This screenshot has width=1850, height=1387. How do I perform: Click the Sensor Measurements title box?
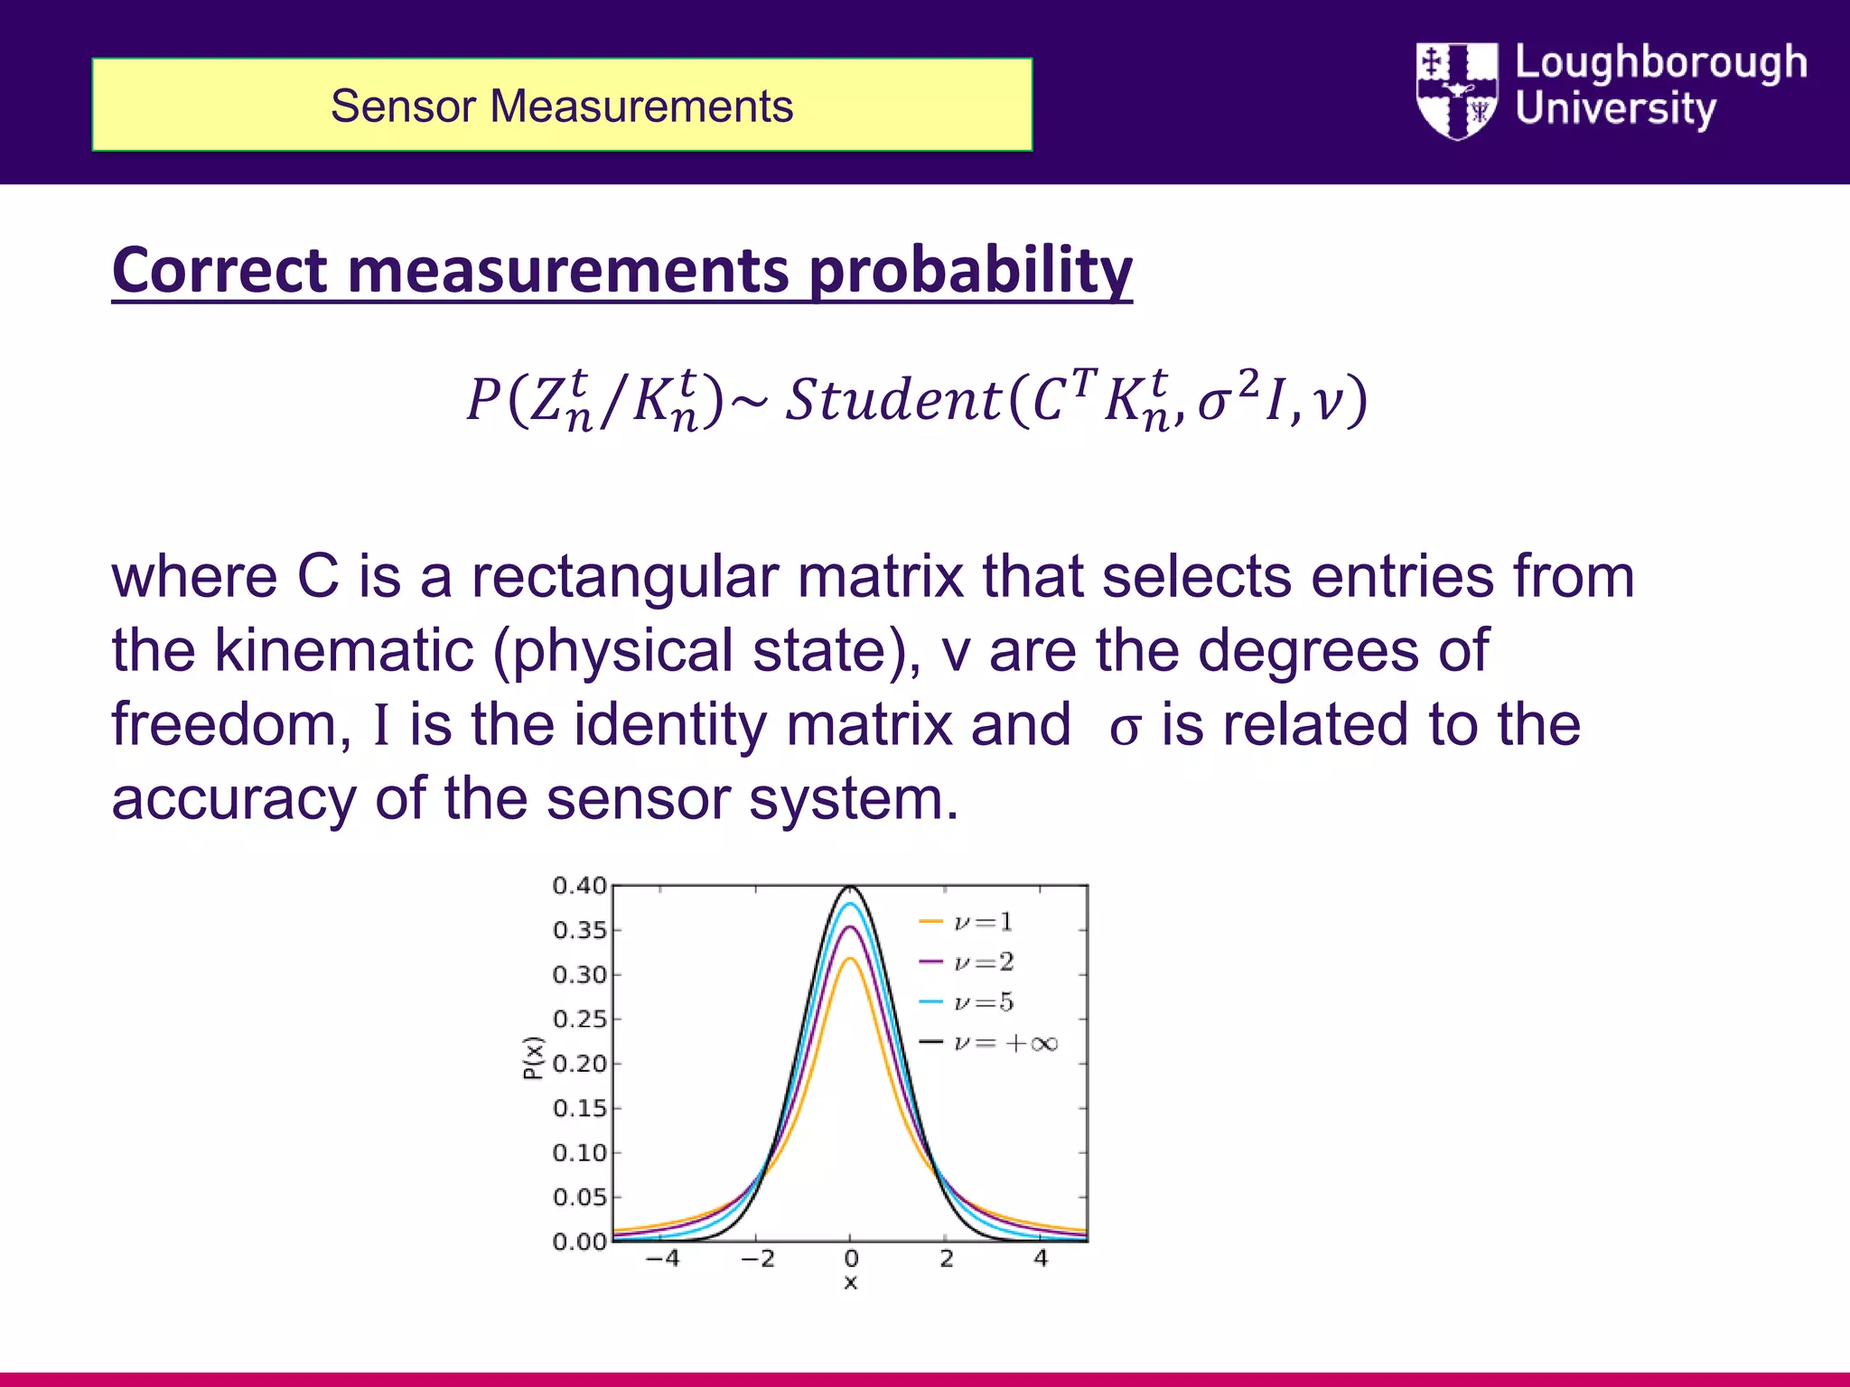pos(561,105)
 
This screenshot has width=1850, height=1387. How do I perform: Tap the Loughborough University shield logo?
pos(1456,90)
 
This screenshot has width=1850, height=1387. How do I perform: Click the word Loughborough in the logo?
pos(1660,63)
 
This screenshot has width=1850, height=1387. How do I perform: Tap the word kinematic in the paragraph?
pos(344,650)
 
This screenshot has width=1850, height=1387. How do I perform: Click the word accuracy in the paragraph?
pos(234,798)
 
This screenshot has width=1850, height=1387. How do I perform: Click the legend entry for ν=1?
pos(967,922)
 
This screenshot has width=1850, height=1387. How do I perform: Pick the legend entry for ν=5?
pos(967,1002)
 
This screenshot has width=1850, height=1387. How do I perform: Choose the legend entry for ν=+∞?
pos(988,1044)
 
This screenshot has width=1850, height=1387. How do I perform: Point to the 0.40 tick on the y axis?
pos(580,886)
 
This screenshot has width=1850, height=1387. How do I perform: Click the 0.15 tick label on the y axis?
pos(580,1108)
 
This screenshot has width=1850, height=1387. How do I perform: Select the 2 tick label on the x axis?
pos(946,1259)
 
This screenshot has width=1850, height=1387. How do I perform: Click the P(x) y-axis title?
pos(534,1058)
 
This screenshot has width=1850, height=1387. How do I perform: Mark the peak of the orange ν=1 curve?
pos(850,959)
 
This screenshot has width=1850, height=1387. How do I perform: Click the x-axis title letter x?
pos(850,1283)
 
